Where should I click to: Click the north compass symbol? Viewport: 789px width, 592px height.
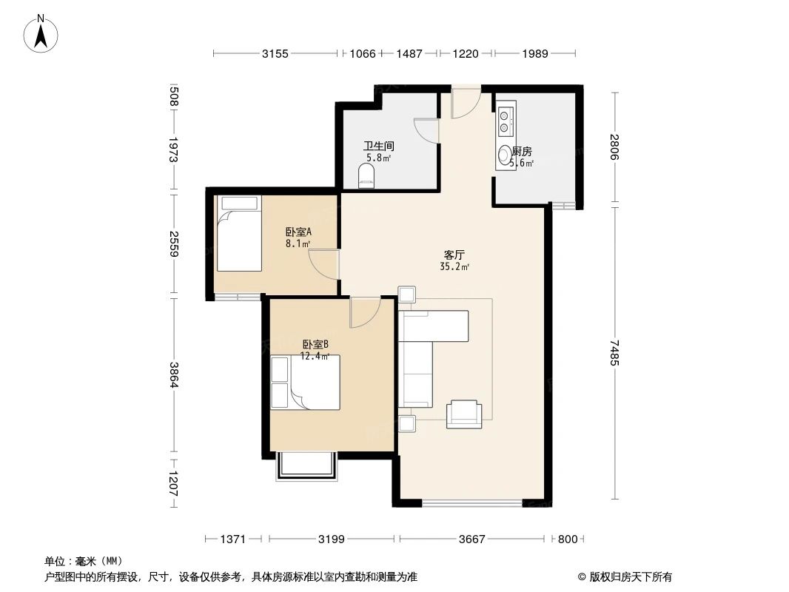42,33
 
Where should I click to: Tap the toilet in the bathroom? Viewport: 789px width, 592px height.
366,175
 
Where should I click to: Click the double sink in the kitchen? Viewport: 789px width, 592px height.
506,121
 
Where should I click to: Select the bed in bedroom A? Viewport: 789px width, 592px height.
239,233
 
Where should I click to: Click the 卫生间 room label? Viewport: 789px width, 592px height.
378,147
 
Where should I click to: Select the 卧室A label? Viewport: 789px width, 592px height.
298,230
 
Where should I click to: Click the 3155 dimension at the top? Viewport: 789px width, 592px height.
275,53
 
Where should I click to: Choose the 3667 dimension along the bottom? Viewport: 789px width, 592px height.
471,539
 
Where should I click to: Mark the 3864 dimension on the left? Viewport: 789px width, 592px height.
173,374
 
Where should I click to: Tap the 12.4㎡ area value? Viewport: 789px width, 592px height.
315,356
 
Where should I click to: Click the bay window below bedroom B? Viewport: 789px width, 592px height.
306,466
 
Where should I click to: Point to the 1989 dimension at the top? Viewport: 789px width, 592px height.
534,53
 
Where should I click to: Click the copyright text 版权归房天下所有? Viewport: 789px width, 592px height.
625,577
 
